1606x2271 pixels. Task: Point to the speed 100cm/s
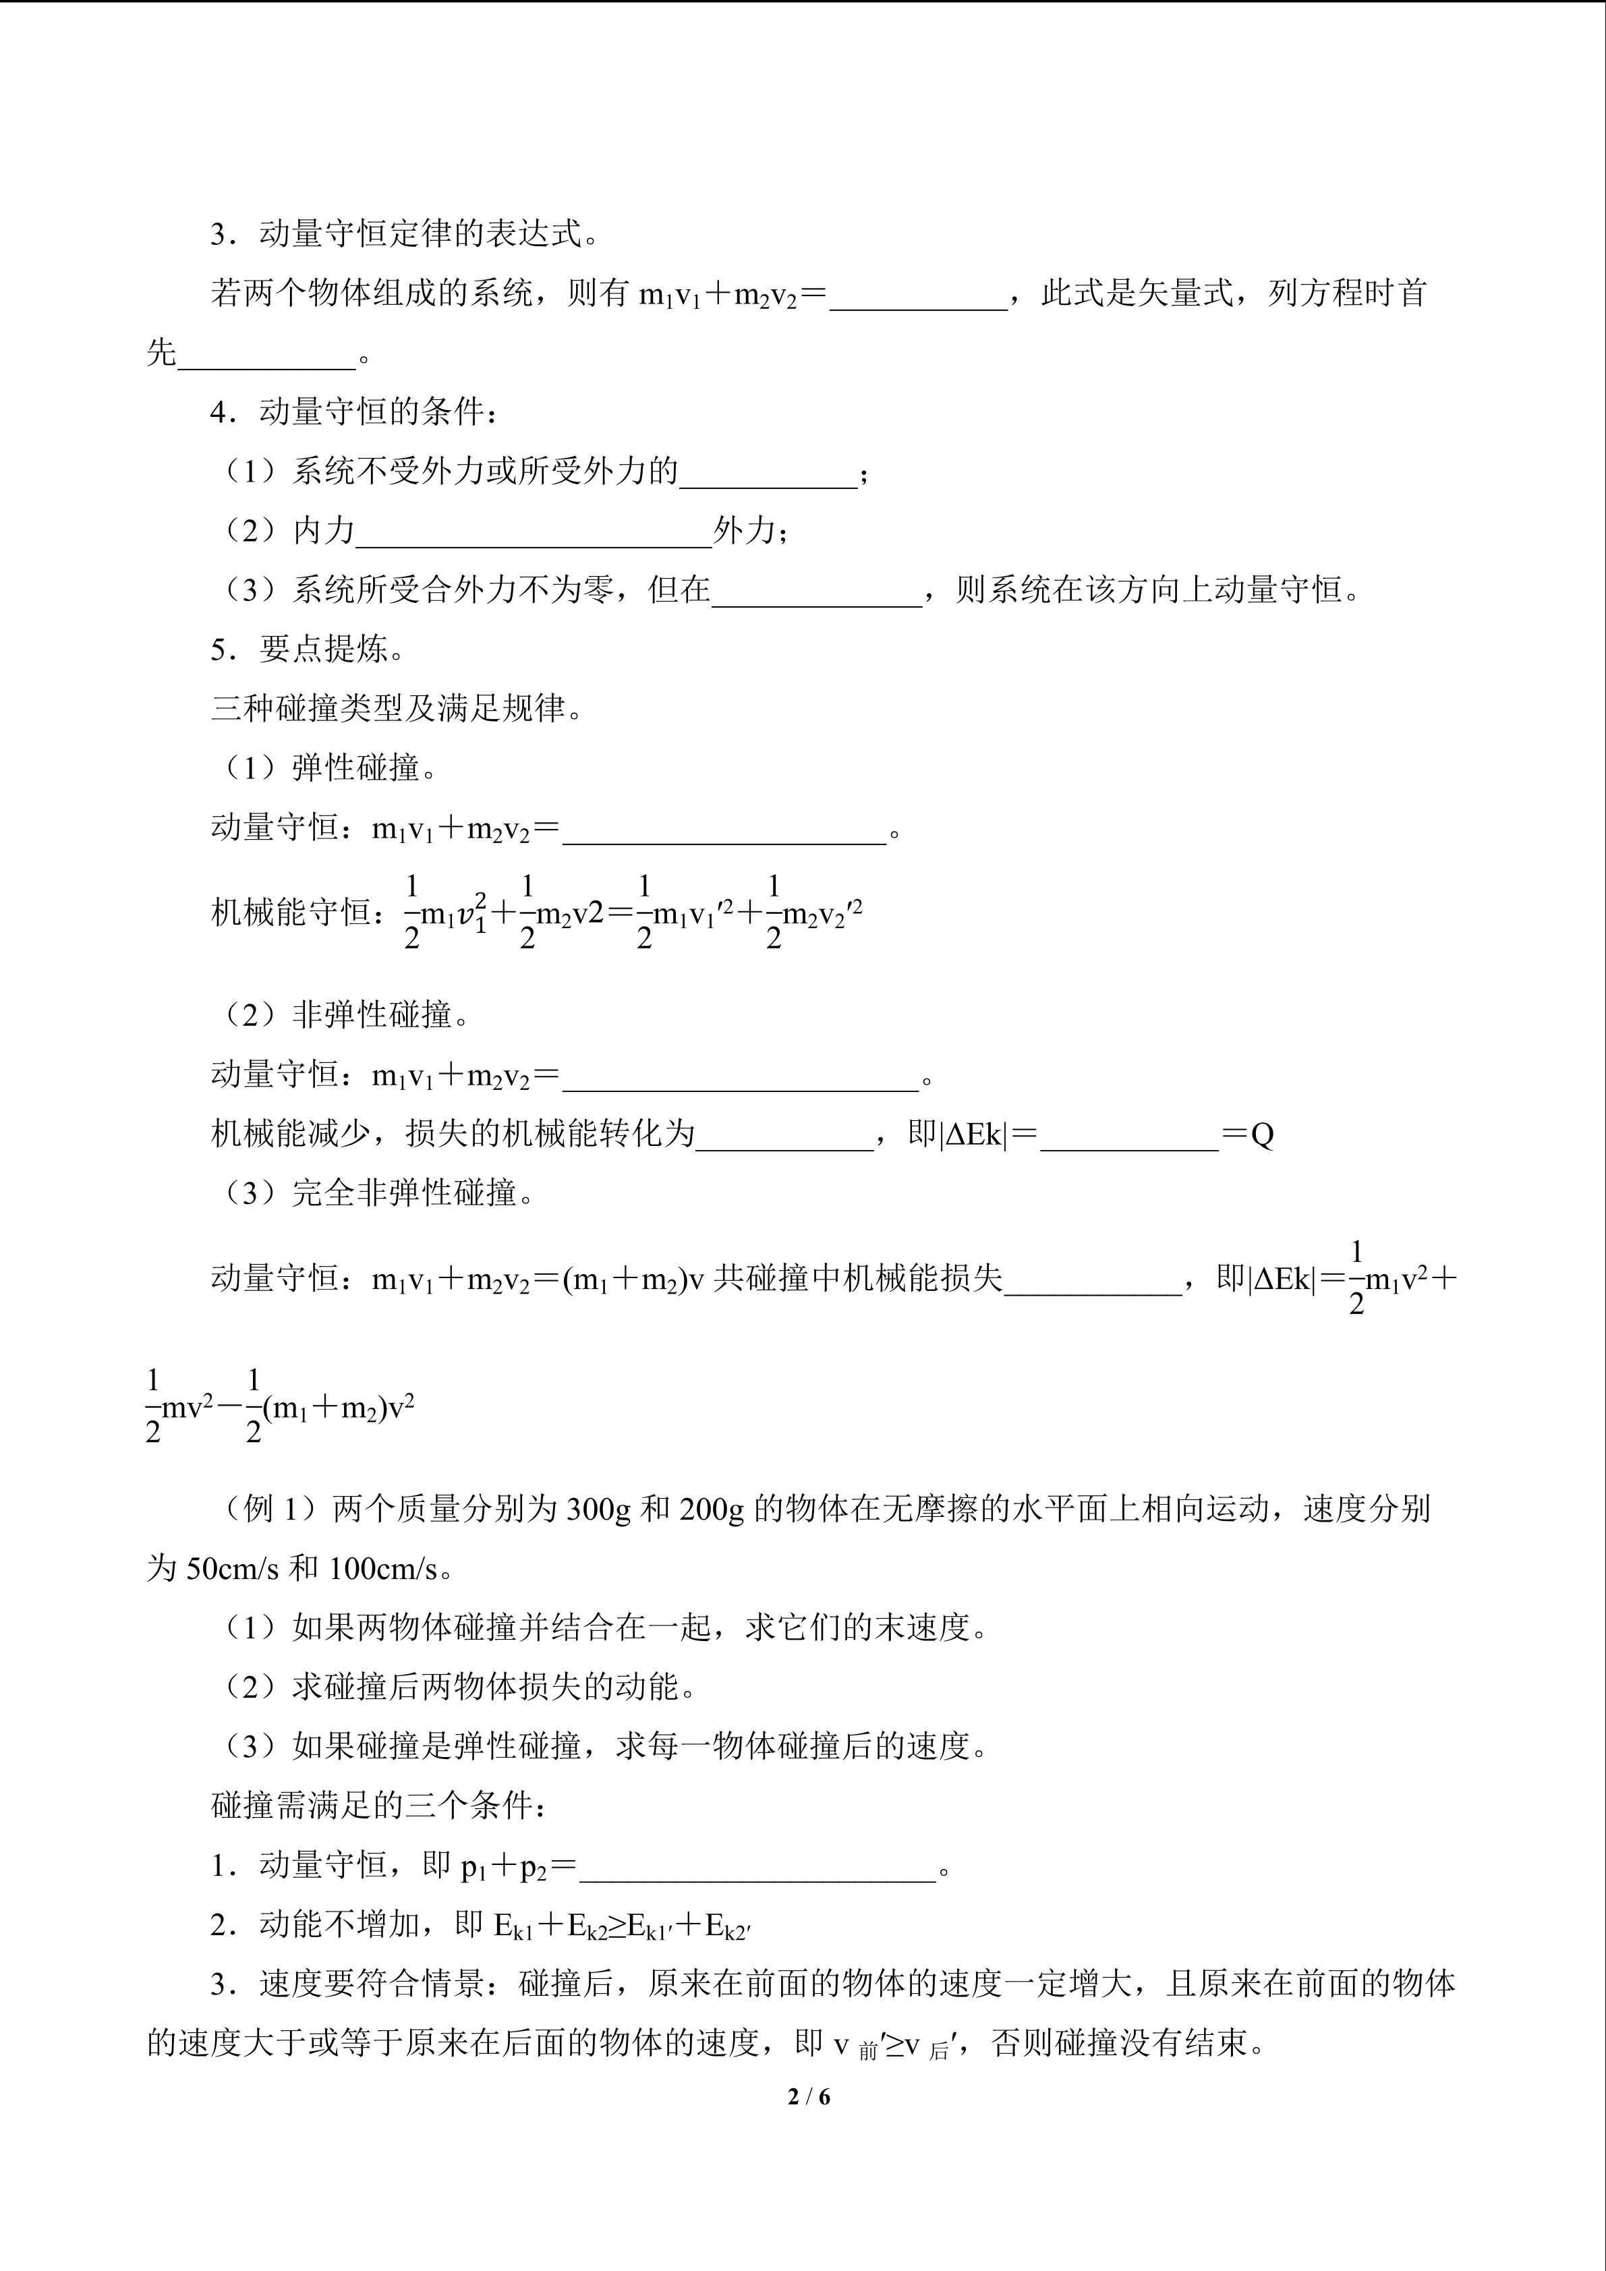(382, 1569)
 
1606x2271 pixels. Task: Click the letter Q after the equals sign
(1262, 1134)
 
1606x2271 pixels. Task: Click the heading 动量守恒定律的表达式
(418, 235)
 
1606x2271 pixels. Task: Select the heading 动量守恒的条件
(371, 411)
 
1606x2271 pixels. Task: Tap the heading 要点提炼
(322, 649)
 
